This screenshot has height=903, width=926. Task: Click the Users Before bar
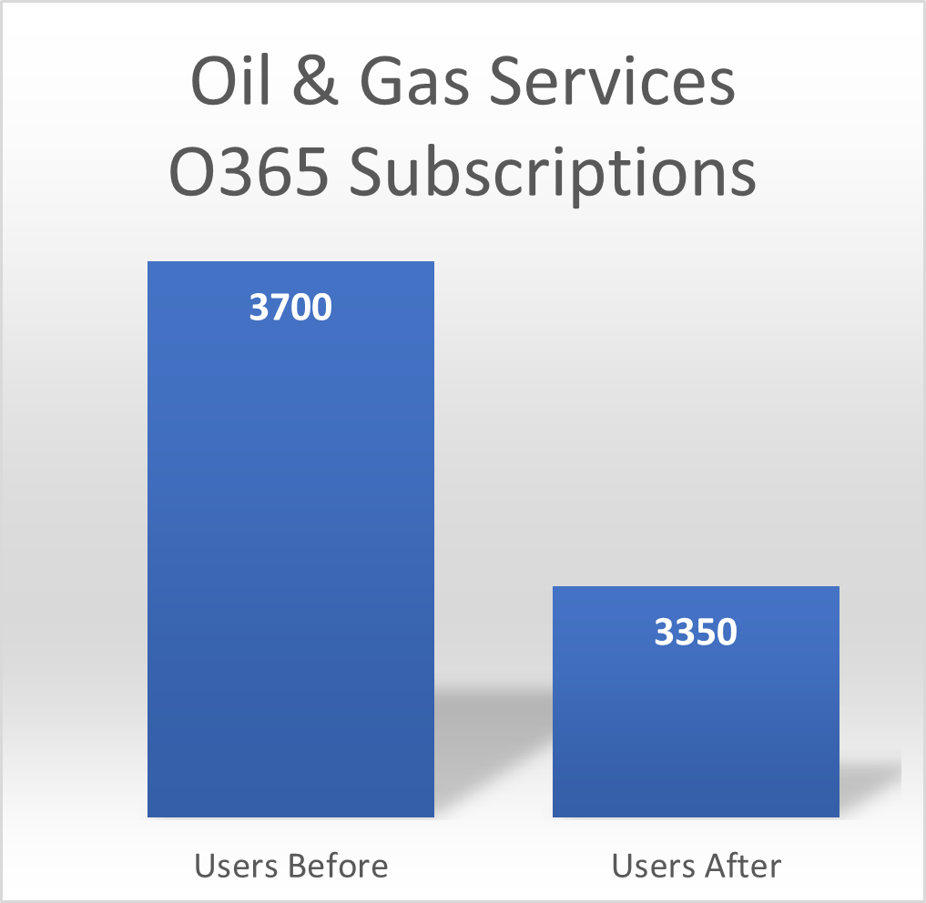pos(290,539)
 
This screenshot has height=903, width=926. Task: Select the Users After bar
pos(696,702)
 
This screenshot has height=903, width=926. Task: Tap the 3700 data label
pos(290,307)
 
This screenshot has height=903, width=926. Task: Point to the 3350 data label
pos(696,632)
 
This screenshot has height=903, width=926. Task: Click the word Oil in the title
pos(231,81)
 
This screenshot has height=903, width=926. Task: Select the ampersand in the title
pos(315,81)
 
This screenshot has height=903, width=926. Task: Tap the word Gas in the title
pos(414,82)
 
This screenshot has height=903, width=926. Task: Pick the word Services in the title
pos(613,81)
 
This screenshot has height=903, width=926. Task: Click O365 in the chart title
pos(249,171)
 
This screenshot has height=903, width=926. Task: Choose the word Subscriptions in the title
pos(553,175)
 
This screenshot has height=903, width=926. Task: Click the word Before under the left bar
pos(339,866)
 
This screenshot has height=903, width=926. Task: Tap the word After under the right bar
pos(743,866)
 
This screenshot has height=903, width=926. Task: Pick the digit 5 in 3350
pos(706,632)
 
